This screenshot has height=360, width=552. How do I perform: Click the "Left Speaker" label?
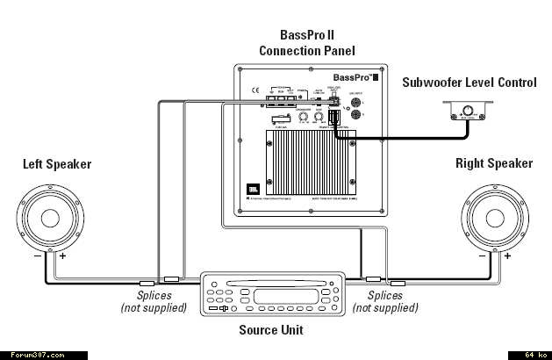(56, 163)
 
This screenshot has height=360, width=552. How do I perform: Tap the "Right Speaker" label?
(493, 163)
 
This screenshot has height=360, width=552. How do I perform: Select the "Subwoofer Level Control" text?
(469, 83)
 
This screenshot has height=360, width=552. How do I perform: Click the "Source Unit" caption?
(270, 331)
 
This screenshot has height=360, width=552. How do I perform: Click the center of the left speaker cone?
(54, 216)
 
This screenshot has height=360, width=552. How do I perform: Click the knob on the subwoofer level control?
(467, 111)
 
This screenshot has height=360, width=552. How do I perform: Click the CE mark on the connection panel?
(254, 89)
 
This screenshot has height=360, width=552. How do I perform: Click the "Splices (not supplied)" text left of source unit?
(154, 301)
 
